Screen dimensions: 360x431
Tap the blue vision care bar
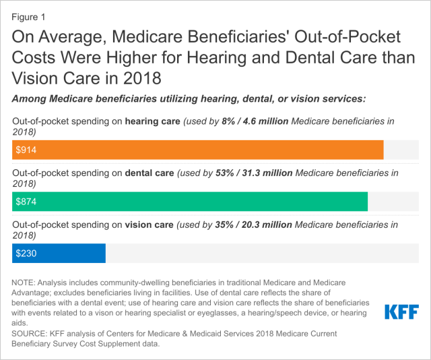[x=59, y=253]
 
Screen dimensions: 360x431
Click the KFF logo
[x=401, y=312]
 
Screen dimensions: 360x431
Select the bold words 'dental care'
[x=150, y=173]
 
